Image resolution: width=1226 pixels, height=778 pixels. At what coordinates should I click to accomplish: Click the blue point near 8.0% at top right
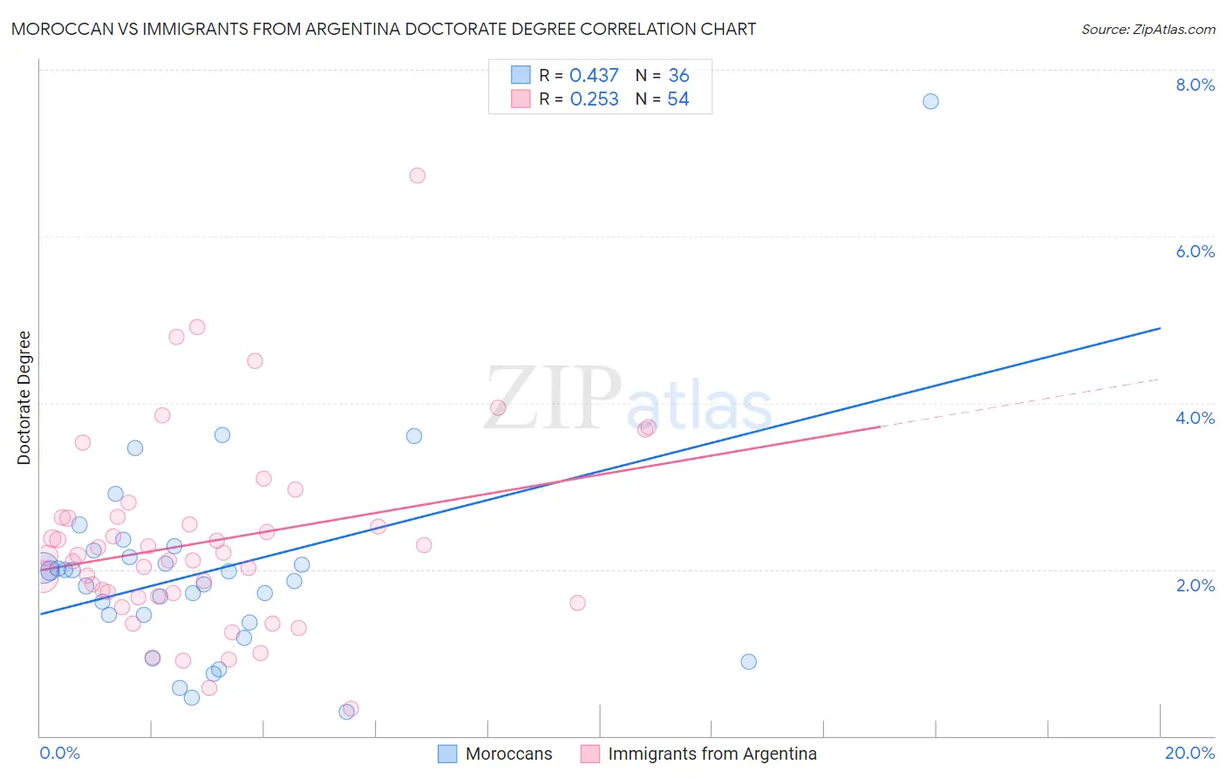click(x=930, y=101)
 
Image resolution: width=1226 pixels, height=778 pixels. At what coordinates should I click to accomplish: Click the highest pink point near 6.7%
click(x=417, y=175)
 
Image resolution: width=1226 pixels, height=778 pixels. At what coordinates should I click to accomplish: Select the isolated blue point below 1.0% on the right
click(x=748, y=661)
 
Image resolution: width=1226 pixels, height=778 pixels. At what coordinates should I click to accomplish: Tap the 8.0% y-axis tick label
click(x=1195, y=85)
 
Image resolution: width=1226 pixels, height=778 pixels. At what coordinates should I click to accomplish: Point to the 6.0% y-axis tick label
click(x=1195, y=251)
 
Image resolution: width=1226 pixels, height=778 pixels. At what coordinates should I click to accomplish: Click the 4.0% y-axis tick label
click(x=1195, y=418)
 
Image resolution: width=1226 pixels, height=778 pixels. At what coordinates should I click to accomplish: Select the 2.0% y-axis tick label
click(x=1195, y=585)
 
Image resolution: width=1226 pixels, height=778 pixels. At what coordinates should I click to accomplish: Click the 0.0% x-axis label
click(x=59, y=753)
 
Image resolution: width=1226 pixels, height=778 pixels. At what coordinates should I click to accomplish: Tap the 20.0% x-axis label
click(x=1189, y=753)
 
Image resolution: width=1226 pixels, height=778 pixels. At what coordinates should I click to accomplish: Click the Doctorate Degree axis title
click(x=24, y=398)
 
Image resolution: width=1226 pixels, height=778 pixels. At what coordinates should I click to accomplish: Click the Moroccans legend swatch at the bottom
click(x=447, y=754)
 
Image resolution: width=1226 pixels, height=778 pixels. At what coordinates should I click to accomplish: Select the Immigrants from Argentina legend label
click(x=712, y=754)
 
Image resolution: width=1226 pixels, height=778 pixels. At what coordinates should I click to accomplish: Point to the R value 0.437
click(x=594, y=76)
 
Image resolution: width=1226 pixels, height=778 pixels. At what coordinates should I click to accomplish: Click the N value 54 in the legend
click(x=678, y=99)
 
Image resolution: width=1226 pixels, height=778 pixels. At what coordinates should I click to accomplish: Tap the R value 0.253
click(x=594, y=99)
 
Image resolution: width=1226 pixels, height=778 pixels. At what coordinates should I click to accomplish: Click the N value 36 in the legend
click(x=678, y=76)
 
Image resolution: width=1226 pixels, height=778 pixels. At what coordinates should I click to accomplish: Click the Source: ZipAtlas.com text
click(x=1148, y=30)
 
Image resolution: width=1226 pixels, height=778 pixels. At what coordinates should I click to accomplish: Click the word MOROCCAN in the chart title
click(x=60, y=30)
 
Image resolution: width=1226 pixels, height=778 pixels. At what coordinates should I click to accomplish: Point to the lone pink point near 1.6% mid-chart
click(x=577, y=603)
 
